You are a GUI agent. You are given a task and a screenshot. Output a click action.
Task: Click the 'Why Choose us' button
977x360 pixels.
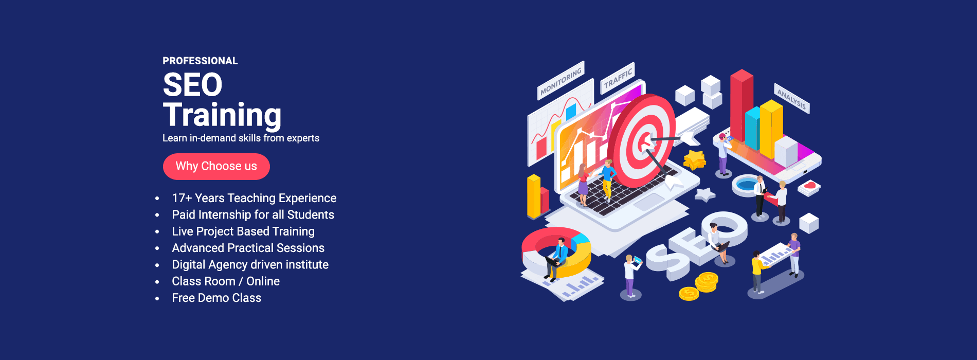216,167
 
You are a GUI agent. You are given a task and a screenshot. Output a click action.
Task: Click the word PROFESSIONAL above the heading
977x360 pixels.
200,61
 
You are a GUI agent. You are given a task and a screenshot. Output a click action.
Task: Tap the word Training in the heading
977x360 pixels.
222,115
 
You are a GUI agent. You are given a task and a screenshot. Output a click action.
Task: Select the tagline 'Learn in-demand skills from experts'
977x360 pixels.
241,138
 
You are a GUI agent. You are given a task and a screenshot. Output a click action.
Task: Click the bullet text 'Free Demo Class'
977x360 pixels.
216,298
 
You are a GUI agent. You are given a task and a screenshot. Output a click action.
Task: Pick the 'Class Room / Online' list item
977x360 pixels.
226,281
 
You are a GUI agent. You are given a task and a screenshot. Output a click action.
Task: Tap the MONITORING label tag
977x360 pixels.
560,80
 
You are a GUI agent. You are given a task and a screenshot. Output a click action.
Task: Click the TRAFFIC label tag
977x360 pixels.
618,78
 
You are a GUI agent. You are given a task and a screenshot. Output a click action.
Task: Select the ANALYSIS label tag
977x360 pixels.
792,98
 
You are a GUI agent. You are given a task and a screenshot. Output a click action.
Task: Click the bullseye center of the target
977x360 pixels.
643,140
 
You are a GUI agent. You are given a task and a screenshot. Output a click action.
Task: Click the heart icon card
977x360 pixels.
809,187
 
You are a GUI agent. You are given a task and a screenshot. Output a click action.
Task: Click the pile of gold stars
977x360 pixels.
695,160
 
